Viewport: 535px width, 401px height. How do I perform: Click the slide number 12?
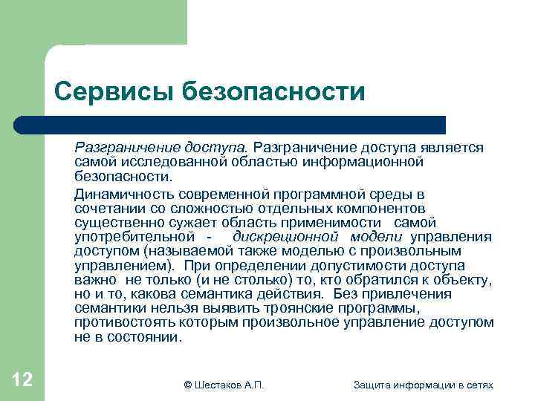[22, 380]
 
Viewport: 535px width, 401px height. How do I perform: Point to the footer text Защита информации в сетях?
[424, 384]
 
